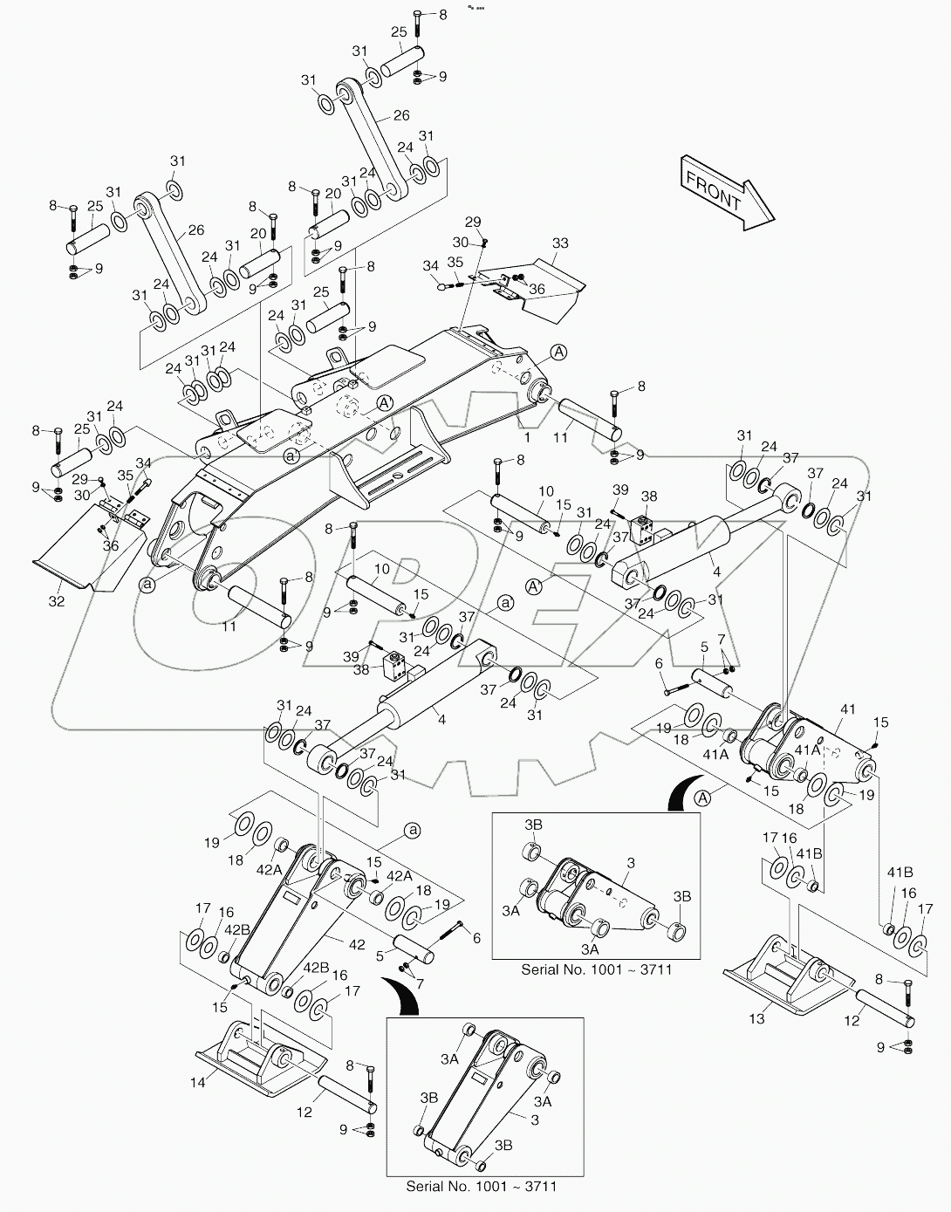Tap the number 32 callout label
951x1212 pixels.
(57, 601)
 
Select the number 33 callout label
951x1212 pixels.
(560, 243)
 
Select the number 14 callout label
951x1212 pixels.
(200, 1082)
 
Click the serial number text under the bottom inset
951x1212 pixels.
(481, 1186)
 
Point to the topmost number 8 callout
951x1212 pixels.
(442, 15)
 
